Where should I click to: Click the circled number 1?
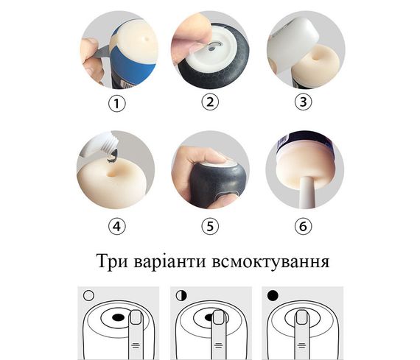[x=116, y=104]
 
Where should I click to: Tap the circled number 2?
[x=211, y=102]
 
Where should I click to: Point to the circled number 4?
[x=116, y=226]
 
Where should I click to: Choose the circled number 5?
[x=211, y=226]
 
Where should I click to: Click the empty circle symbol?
[x=89, y=295]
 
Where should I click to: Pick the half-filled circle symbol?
[x=181, y=295]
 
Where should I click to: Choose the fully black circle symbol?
[x=273, y=295]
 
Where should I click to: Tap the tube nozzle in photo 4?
[x=108, y=152]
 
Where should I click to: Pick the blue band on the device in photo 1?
[x=136, y=65]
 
